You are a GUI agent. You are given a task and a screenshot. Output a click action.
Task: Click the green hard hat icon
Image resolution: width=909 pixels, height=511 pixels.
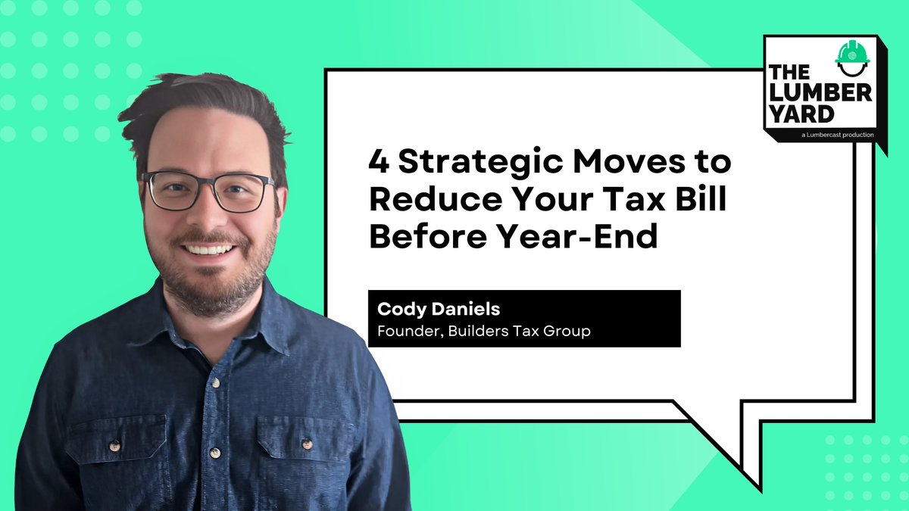pos(851,55)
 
